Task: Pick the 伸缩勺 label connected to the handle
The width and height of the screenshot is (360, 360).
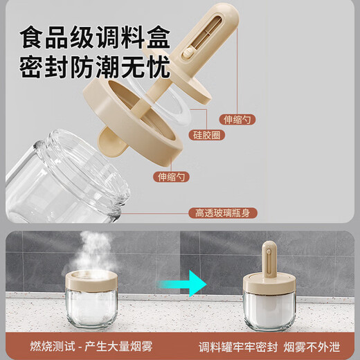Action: coord(238,119)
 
